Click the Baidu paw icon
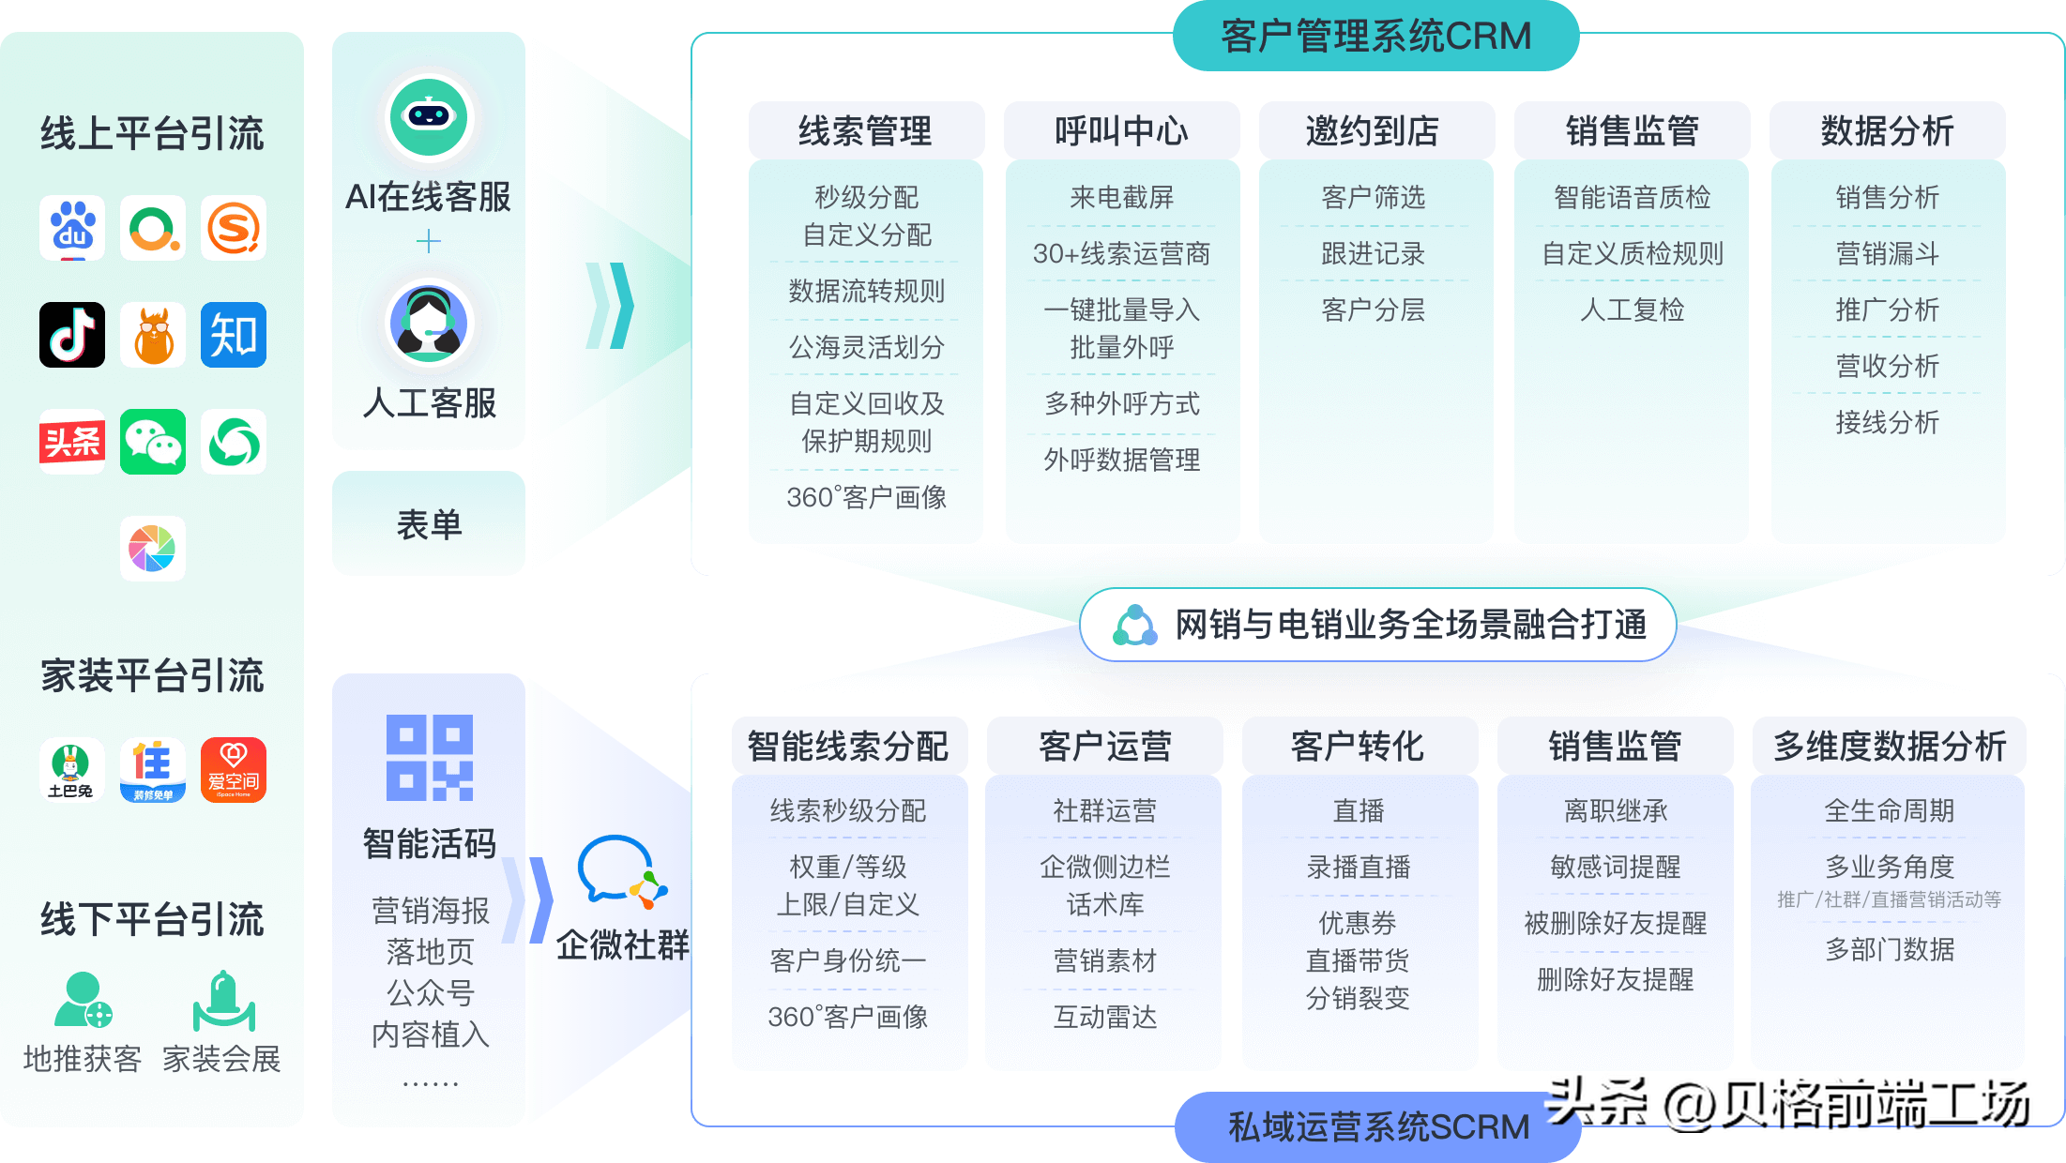72,228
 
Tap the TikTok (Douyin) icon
72,335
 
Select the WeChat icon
153,442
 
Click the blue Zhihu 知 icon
234,335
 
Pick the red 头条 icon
72,442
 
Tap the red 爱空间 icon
234,770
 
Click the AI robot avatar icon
429,117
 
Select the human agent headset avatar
429,324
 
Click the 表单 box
429,523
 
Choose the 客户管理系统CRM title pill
1375,37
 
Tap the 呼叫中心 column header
1121,131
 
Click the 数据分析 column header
1887,131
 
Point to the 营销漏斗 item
1887,253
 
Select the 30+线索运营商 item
1121,253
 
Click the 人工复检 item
1632,310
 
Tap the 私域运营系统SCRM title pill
1377,1126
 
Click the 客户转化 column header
1358,747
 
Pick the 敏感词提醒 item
1615,867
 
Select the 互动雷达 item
1104,1017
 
